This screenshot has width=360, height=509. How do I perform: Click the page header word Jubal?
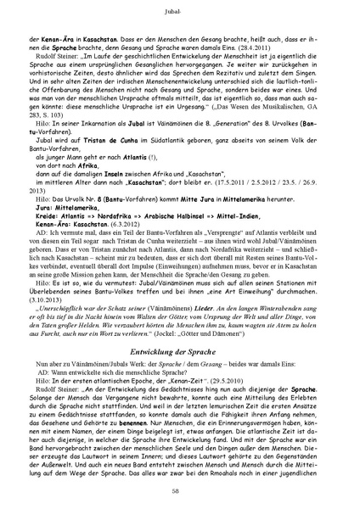(179, 13)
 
